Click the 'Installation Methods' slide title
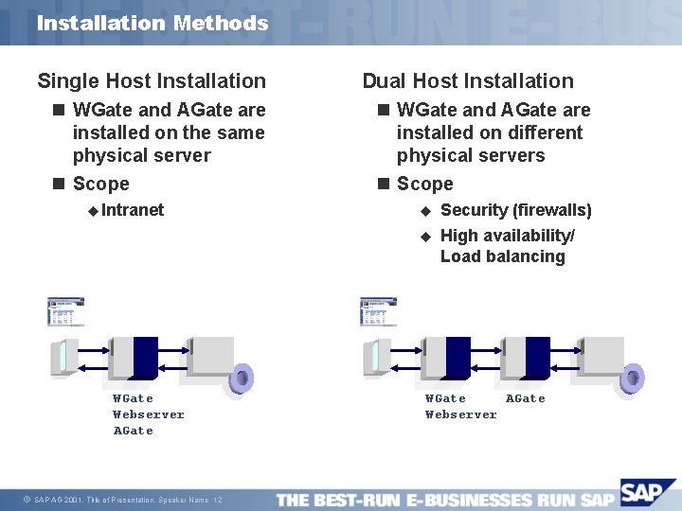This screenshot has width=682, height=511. tap(153, 23)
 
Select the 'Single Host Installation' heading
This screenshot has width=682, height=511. tap(152, 81)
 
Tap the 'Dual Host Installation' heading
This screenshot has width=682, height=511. tap(468, 81)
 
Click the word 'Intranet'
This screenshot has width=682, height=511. tap(133, 210)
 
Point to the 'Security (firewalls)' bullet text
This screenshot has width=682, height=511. tap(515, 210)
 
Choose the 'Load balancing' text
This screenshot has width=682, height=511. tap(502, 256)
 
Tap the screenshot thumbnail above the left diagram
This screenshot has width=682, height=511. tap(66, 311)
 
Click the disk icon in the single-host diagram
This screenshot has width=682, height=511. tap(242, 378)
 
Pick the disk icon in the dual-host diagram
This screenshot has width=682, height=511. tap(630, 378)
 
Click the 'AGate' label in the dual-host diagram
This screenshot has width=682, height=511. tap(526, 398)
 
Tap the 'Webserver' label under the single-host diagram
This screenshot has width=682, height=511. tap(149, 414)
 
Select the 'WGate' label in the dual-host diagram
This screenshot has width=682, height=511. tap(445, 398)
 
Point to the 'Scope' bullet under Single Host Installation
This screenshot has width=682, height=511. tap(101, 184)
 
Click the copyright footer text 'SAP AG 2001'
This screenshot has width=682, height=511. tap(57, 500)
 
